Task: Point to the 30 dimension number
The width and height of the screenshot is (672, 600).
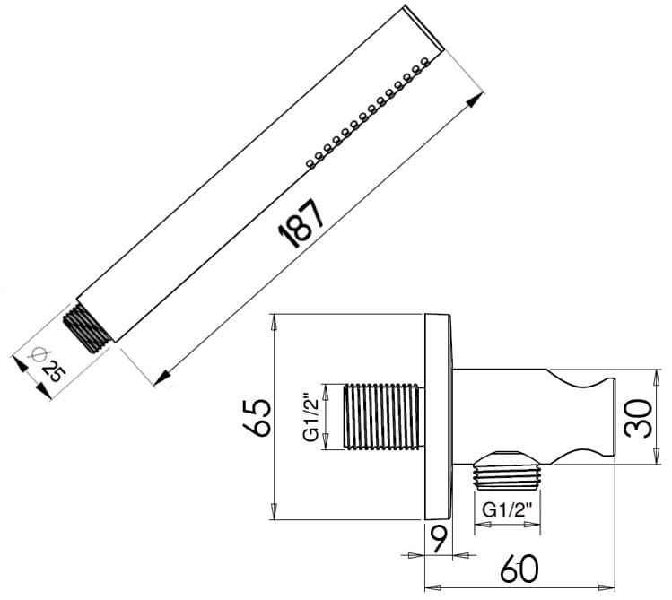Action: click(638, 416)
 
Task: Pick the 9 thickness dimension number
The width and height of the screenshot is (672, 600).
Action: click(438, 539)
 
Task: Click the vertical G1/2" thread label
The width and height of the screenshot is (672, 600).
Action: click(310, 416)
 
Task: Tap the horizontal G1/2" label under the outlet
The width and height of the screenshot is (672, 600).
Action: click(509, 509)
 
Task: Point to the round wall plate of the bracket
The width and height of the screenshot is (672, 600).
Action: click(439, 416)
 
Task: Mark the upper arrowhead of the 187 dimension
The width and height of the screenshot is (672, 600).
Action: click(475, 101)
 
